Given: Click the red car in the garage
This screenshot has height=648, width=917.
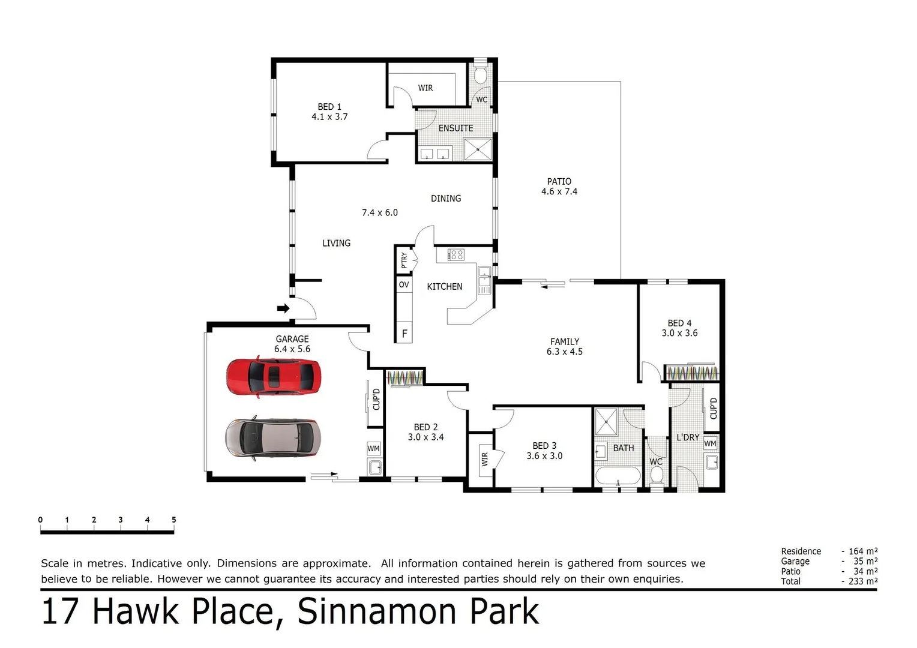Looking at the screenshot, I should point(274,377).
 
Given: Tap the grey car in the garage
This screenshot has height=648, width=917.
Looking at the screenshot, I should point(273,437).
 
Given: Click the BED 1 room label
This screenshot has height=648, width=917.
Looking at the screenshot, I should point(329,107).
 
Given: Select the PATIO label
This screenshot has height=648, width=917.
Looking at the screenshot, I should point(559,181).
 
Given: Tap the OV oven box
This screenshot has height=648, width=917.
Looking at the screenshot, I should point(404,285).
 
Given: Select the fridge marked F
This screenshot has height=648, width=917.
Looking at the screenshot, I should point(404,334).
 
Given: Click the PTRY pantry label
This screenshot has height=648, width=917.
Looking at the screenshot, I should point(404,260).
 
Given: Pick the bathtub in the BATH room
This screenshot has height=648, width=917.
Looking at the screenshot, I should point(618,477).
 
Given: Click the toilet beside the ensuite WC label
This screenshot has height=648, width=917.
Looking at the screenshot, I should point(480,76).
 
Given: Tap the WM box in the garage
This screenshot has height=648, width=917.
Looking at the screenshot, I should point(374,449).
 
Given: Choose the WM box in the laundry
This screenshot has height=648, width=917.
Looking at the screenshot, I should point(711,444).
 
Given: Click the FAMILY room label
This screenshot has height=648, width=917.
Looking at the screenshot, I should point(565,341).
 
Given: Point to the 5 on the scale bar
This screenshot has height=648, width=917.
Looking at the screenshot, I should point(174,520).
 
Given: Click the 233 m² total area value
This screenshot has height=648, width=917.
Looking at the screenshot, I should point(863,581).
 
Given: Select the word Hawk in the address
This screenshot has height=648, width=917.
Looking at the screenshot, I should point(136,611).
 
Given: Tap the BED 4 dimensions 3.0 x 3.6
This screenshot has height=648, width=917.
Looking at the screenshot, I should point(679,333).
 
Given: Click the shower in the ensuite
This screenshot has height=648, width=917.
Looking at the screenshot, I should point(478,149).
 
